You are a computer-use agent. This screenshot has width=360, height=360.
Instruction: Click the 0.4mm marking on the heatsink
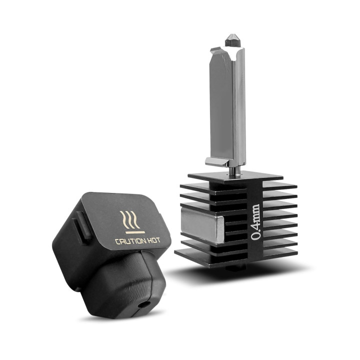pyautogui.click(x=256, y=220)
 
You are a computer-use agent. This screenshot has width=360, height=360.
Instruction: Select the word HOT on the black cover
pyautogui.click(x=153, y=240)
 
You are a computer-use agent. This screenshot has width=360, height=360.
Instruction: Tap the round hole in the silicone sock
pyautogui.click(x=145, y=304)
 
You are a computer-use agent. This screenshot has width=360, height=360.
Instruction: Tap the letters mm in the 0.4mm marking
pyautogui.click(x=256, y=210)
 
